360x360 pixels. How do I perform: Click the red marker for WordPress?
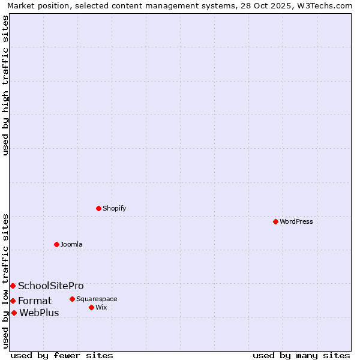[275, 221]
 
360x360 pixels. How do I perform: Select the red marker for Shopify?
[98, 208]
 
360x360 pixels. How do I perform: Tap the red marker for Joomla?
[56, 244]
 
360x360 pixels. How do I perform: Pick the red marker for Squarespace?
[72, 299]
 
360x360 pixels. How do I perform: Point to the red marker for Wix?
[91, 307]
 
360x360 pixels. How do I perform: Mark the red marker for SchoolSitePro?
[13, 286]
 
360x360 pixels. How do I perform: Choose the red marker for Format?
[13, 301]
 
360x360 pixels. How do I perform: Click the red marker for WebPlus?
[14, 313]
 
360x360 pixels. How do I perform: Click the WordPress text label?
[296, 221]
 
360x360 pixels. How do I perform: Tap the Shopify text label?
[114, 208]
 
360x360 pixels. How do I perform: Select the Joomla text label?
[71, 244]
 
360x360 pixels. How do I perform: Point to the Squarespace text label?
[97, 299]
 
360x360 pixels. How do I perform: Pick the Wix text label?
[101, 307]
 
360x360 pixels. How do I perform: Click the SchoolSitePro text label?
[51, 286]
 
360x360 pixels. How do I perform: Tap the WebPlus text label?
[40, 313]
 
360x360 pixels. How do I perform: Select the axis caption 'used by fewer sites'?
[62, 355]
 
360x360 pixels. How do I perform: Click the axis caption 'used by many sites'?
[301, 355]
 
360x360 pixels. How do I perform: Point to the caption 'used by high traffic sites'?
[5, 85]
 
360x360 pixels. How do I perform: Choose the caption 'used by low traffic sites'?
[5, 280]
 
